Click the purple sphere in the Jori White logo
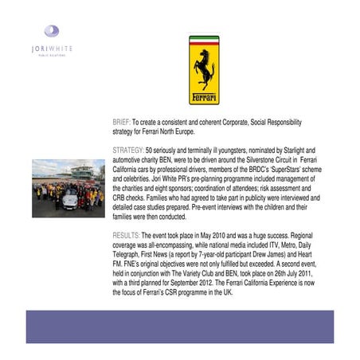tap(52, 32)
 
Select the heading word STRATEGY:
tap(129, 149)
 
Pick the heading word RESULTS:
tap(127, 237)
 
